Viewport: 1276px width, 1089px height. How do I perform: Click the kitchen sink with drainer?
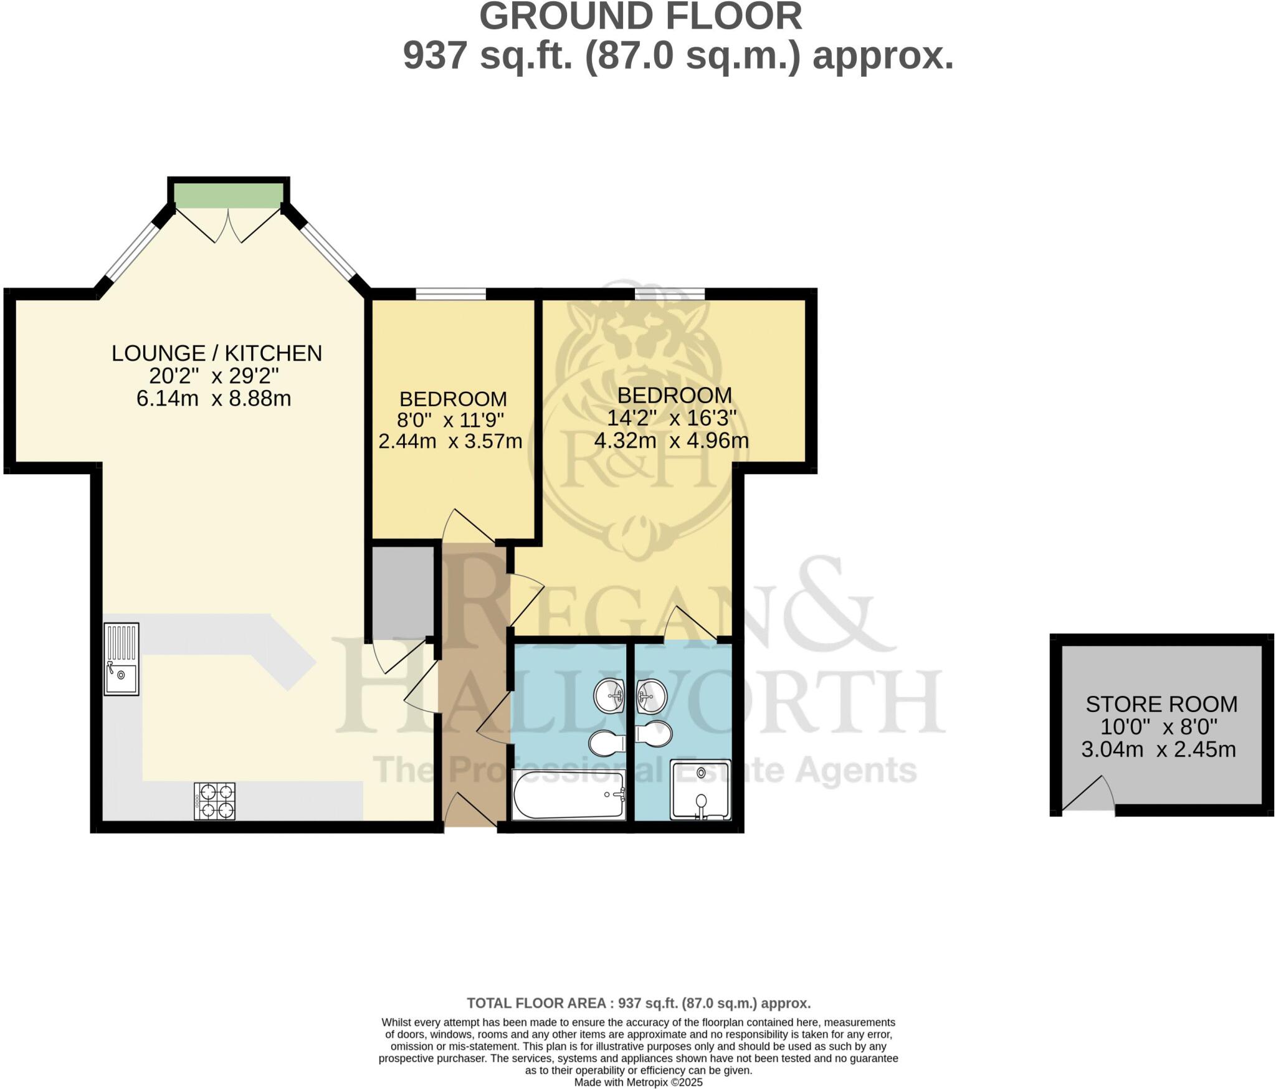pos(121,659)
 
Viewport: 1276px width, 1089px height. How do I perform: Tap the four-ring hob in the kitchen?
pos(214,801)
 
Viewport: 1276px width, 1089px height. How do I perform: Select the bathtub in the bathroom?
pos(568,794)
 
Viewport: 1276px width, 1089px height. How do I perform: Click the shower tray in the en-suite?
pos(700,789)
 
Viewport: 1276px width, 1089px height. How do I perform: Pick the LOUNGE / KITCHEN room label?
pos(217,353)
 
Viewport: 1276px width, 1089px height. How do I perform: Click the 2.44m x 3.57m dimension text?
pos(450,441)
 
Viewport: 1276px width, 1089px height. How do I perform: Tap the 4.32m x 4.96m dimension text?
pos(671,440)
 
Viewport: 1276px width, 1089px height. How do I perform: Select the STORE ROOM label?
pos(1161,704)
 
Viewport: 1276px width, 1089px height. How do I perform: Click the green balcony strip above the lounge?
pos(227,196)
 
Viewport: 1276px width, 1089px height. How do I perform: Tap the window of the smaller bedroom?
pos(450,293)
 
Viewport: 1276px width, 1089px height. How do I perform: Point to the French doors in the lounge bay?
pos(228,226)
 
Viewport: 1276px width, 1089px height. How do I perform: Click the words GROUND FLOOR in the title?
pos(640,17)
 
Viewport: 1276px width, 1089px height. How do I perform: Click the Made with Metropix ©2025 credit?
pos(638,1082)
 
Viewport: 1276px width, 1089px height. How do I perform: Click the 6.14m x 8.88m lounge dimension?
pos(214,399)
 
